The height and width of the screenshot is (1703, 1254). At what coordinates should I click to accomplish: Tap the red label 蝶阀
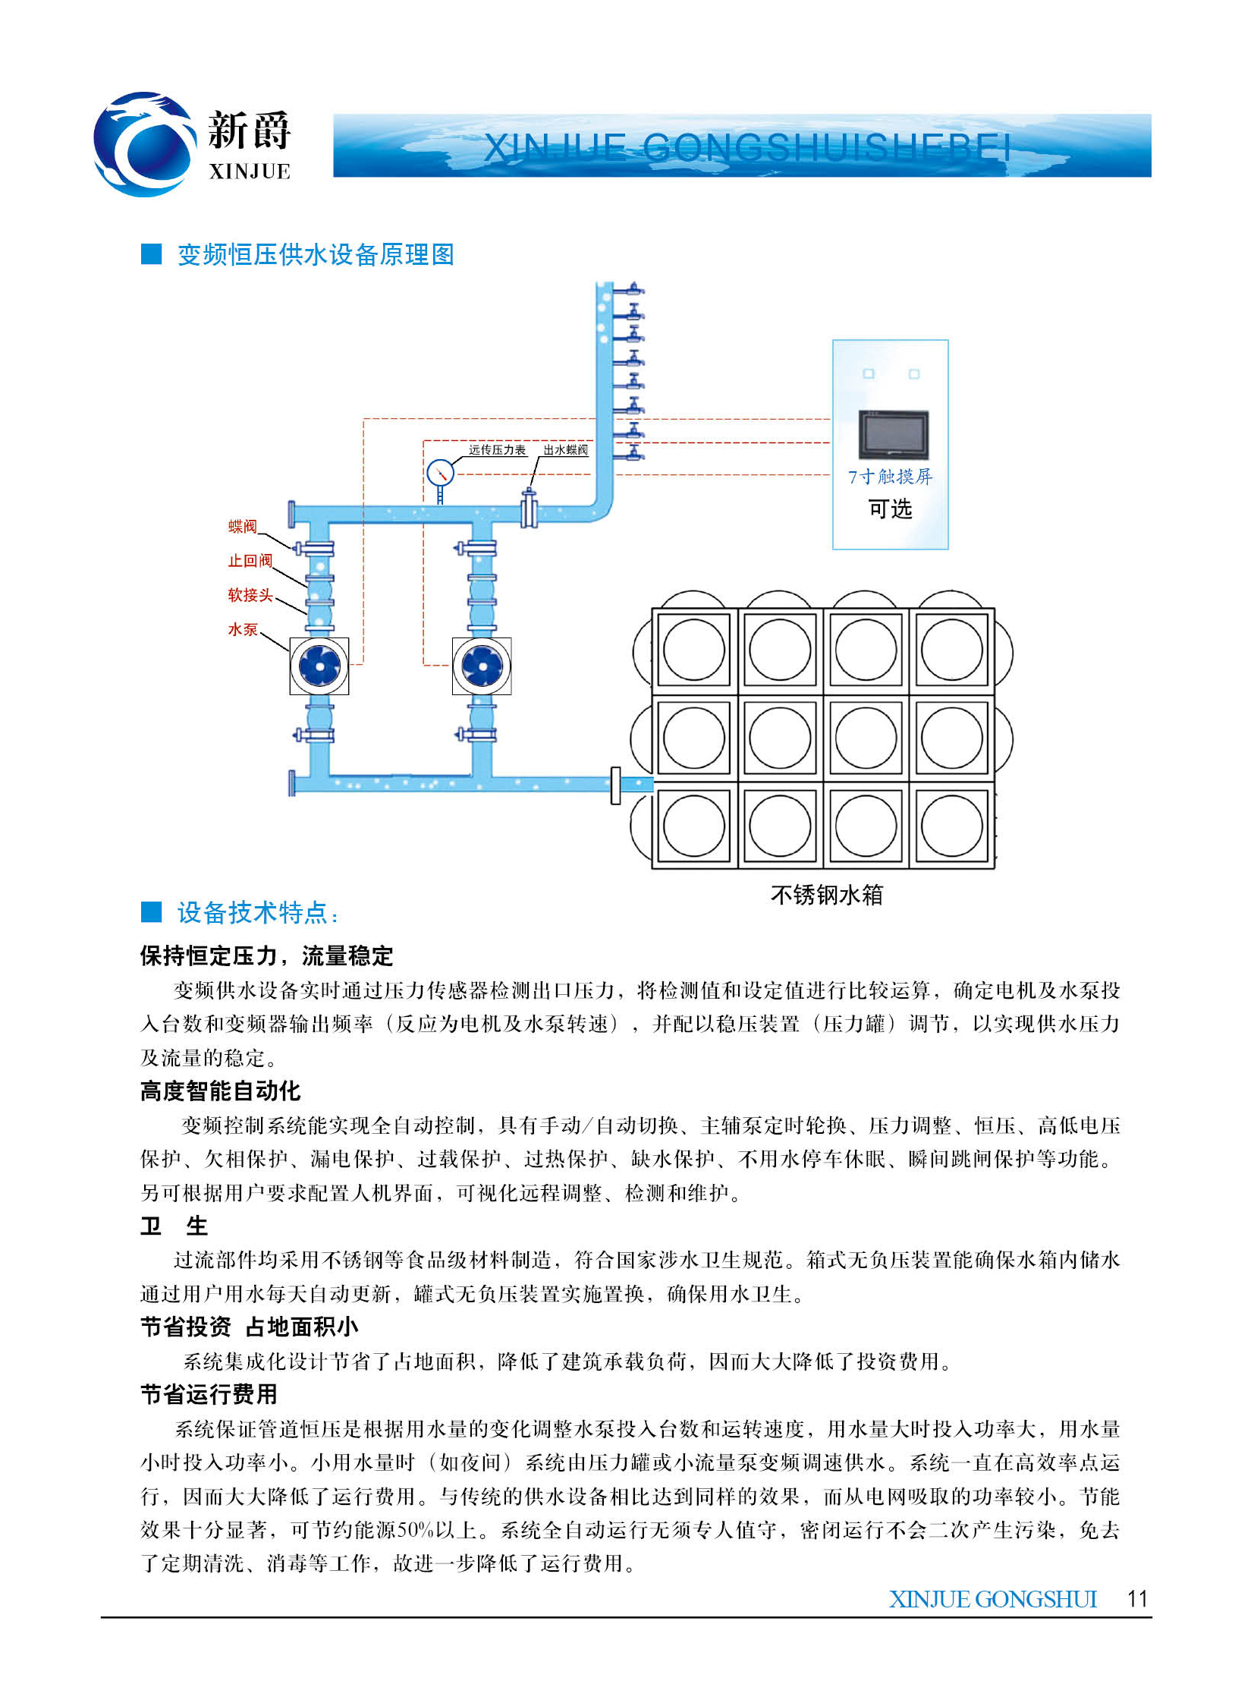(242, 526)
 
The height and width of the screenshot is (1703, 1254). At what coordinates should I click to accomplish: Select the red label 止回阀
(250, 560)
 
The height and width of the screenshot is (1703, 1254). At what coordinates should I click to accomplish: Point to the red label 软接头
(250, 594)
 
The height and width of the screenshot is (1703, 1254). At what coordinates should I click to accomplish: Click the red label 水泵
(242, 628)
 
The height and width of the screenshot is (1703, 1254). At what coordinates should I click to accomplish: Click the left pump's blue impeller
(319, 666)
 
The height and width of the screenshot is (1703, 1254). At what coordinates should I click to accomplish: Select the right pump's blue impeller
(481, 666)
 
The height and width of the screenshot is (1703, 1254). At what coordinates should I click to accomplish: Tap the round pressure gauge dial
(440, 473)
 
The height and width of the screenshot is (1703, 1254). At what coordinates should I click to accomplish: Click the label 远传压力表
(496, 449)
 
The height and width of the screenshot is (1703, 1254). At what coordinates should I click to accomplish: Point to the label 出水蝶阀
(564, 449)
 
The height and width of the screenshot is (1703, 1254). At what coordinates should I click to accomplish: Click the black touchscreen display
(894, 434)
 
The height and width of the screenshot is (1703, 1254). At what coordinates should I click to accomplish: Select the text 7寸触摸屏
(890, 477)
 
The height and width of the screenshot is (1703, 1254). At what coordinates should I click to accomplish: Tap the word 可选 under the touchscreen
(890, 508)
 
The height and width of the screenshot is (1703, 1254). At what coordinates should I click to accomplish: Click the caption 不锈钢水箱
(827, 896)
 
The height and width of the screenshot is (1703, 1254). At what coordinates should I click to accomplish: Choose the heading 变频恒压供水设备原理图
(315, 254)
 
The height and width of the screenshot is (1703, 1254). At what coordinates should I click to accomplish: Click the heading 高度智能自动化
(220, 1091)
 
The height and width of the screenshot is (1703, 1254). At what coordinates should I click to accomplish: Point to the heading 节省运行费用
(209, 1394)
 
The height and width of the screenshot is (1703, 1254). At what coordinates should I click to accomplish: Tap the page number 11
(1137, 1598)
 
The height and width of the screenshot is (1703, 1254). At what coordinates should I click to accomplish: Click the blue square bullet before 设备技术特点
(152, 911)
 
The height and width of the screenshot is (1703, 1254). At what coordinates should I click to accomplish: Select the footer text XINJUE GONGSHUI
(993, 1599)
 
